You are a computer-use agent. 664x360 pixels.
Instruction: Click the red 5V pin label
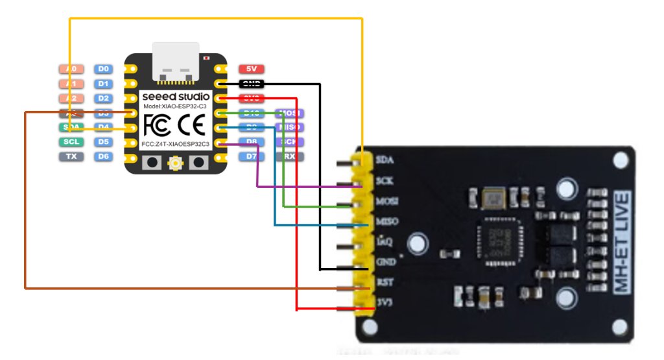coord(251,69)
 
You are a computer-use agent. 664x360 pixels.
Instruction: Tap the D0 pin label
coord(103,69)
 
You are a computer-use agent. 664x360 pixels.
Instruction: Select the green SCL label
coord(71,141)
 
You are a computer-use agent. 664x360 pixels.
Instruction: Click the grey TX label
coord(71,156)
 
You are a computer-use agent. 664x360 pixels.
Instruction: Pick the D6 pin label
coord(103,156)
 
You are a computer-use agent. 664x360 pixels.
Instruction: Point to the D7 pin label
coord(251,156)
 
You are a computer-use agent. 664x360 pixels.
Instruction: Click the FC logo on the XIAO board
coord(157,122)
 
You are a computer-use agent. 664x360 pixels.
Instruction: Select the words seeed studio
coord(176,97)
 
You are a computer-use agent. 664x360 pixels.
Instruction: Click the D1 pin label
coord(103,84)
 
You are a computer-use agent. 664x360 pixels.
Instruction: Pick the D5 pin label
coord(103,141)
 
